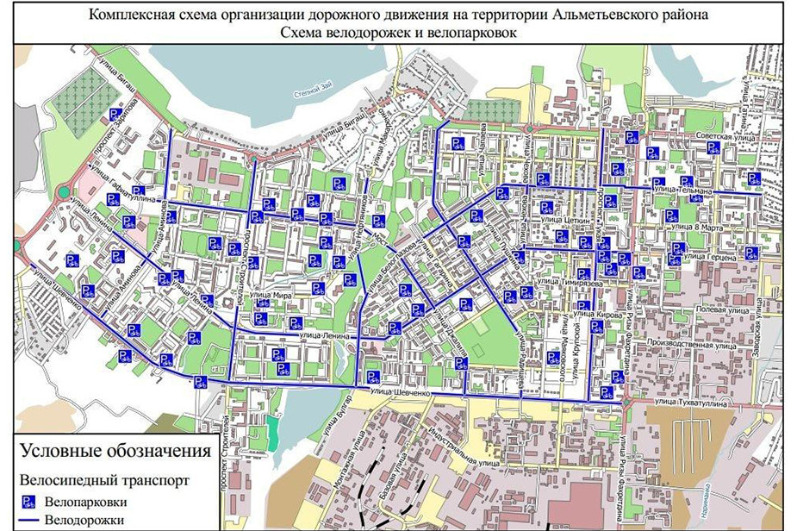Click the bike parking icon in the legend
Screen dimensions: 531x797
click(28, 502)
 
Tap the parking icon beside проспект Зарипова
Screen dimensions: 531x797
click(114, 115)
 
